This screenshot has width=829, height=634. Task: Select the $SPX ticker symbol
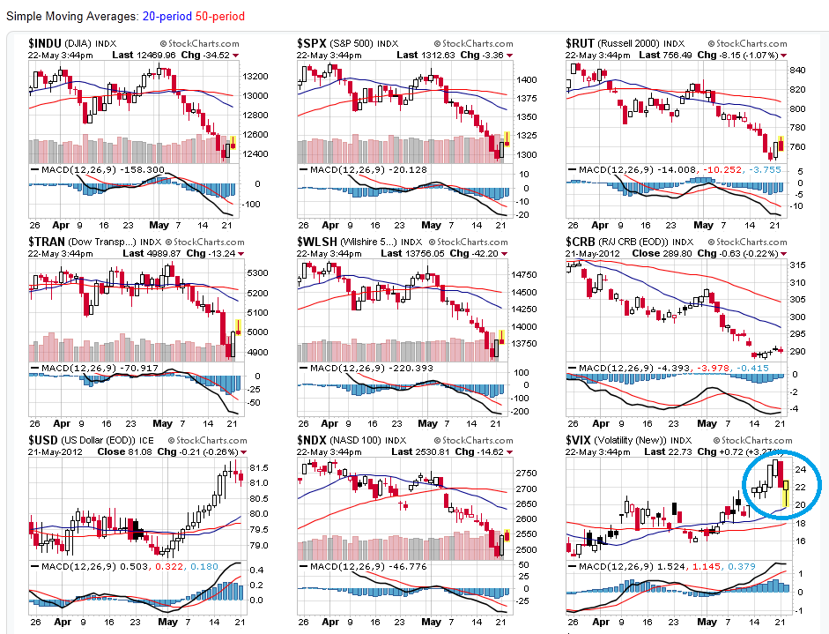pyautogui.click(x=314, y=42)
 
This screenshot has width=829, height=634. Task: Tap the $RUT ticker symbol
pyautogui.click(x=581, y=42)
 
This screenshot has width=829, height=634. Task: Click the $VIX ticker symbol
pyautogui.click(x=580, y=439)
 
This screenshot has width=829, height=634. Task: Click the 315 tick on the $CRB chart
pyautogui.click(x=796, y=265)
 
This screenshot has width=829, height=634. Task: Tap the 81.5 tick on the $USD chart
pyautogui.click(x=258, y=467)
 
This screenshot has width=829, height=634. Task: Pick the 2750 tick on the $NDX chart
pyautogui.click(x=527, y=473)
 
